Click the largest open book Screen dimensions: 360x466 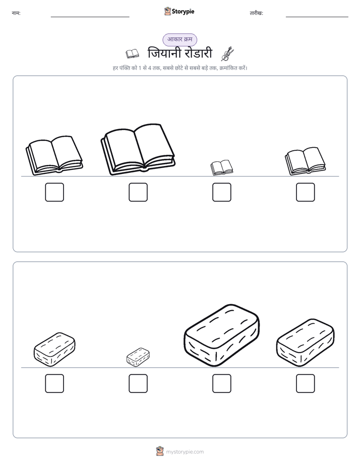(x=138, y=149)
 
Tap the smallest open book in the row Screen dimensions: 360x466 (x=221, y=167)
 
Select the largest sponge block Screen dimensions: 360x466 (x=221, y=335)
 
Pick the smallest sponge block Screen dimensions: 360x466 (x=138, y=357)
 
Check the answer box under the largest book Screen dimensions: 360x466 (x=138, y=192)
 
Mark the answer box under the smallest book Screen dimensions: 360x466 (x=222, y=192)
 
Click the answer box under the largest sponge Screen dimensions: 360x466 (x=222, y=384)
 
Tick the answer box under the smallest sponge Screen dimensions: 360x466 (x=138, y=384)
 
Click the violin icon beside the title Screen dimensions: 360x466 (x=227, y=54)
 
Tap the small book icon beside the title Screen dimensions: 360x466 (x=132, y=54)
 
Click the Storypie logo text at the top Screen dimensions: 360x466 (x=183, y=12)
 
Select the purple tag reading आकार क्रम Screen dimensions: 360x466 (x=179, y=39)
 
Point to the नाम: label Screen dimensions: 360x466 (x=16, y=13)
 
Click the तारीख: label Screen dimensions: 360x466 (x=256, y=13)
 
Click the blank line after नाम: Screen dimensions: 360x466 (x=90, y=17)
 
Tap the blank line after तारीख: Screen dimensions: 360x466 (x=317, y=17)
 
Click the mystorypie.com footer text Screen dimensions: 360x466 (x=185, y=452)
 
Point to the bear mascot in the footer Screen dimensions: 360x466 (x=160, y=451)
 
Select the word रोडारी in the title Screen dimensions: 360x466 (x=198, y=53)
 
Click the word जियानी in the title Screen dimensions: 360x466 (x=164, y=53)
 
